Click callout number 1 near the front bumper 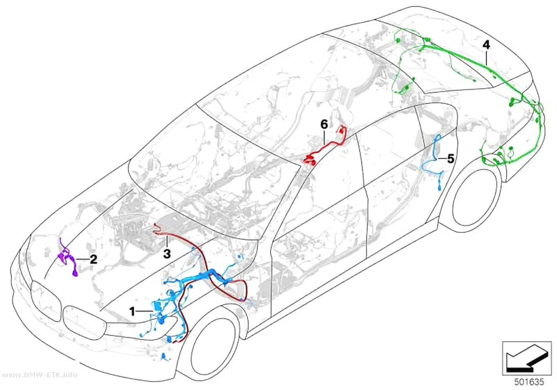pos(132,312)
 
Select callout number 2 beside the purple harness pos(93,259)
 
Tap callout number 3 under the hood pos(167,254)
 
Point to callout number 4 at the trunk pos(486,45)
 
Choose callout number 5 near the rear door pos(450,159)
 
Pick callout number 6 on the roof pos(324,125)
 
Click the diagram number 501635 pos(529,382)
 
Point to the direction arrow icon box pos(527,358)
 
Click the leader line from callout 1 pos(145,312)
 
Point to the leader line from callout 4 pos(486,57)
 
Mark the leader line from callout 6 pos(324,136)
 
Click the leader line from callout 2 pos(82,259)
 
